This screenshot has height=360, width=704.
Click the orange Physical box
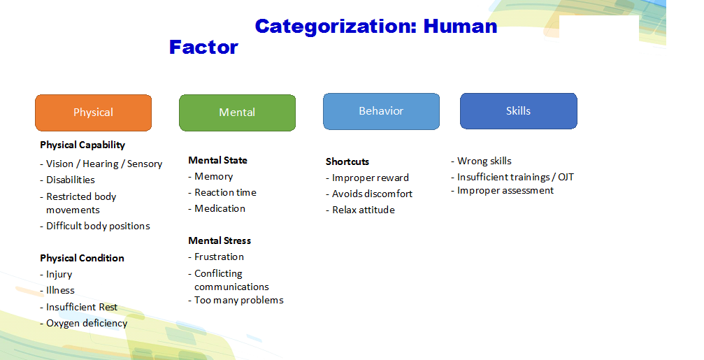point(94,113)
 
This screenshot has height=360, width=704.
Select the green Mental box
point(237,113)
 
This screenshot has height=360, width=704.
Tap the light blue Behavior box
point(381,111)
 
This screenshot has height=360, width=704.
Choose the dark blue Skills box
point(519,111)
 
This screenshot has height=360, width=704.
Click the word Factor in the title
point(203,47)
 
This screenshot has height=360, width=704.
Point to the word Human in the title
point(460,26)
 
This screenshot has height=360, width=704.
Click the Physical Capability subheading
point(82,145)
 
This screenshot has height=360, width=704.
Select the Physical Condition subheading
point(82,258)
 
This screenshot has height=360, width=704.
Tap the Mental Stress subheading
point(220,240)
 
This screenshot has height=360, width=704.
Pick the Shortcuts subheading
point(347,161)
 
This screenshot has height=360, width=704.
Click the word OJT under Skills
point(566,178)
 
